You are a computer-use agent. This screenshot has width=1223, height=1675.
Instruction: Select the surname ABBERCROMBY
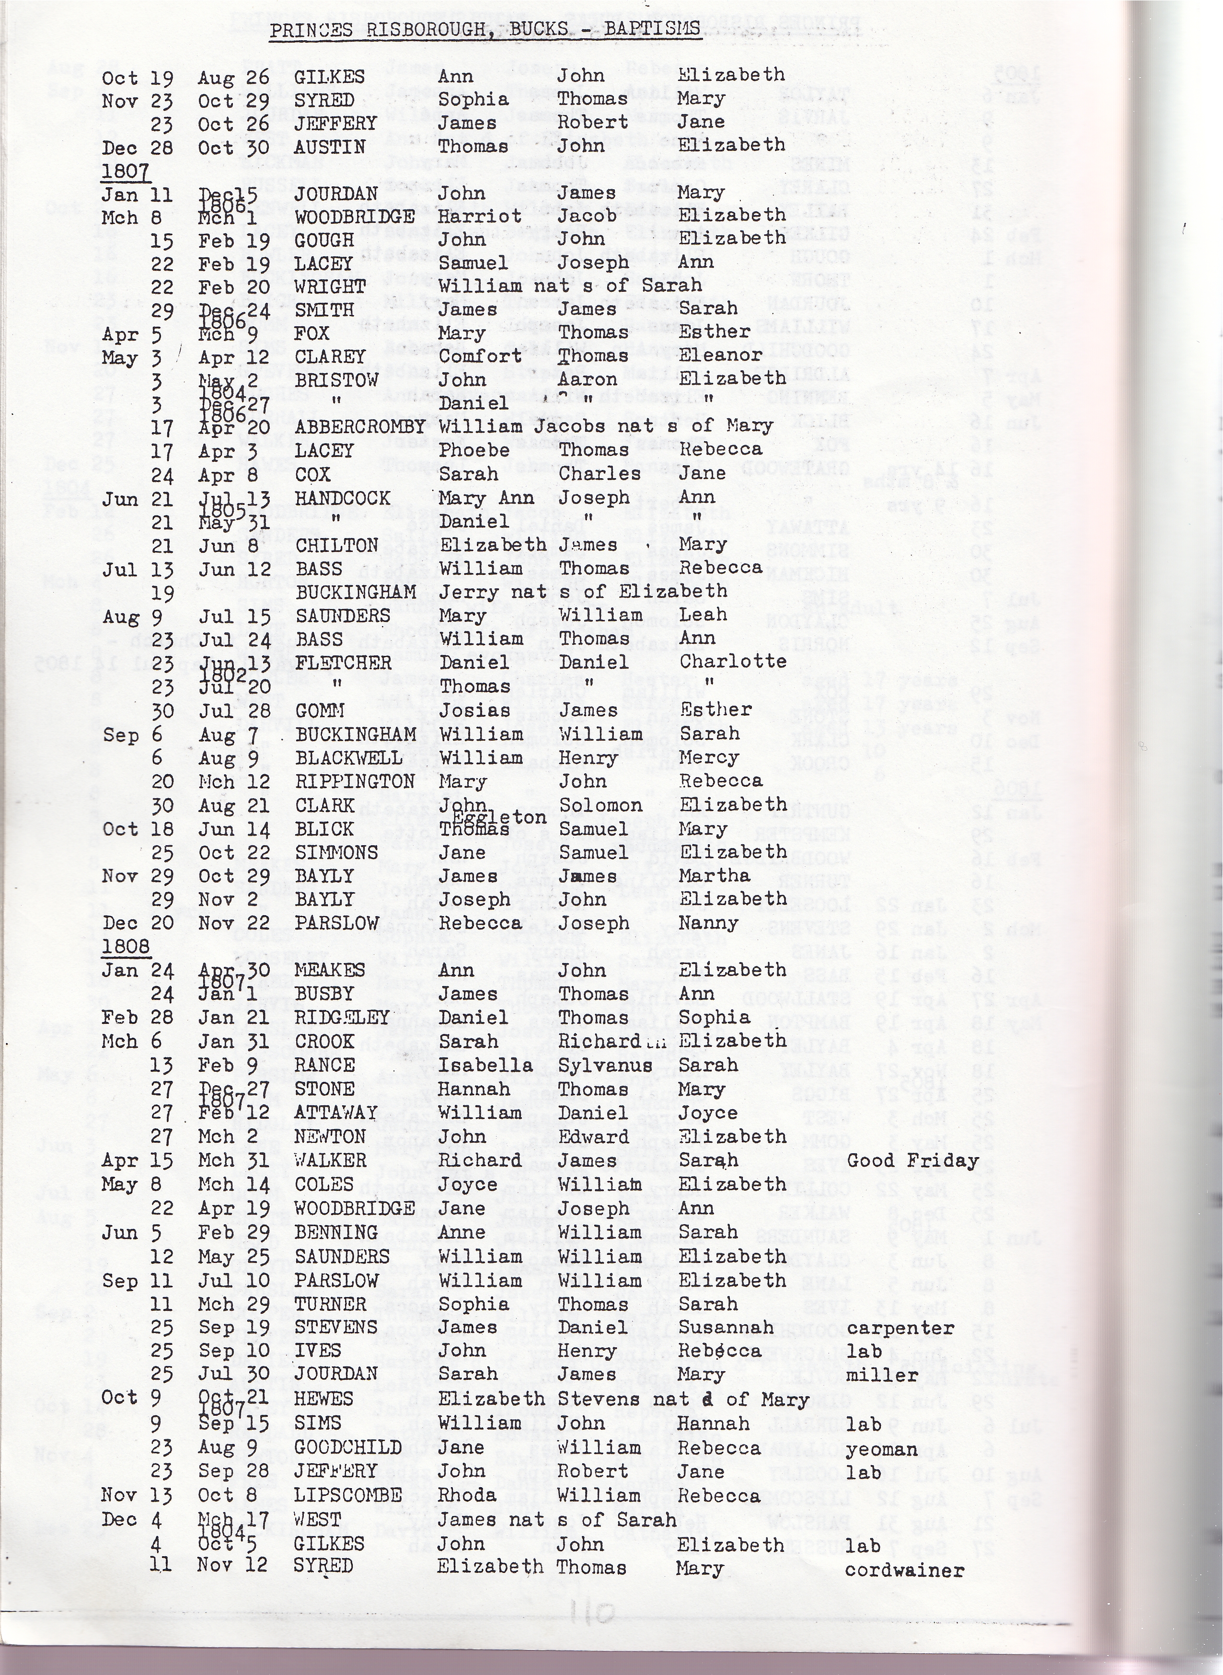pyautogui.click(x=360, y=427)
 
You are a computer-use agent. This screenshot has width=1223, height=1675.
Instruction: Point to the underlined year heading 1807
pyautogui.click(x=126, y=172)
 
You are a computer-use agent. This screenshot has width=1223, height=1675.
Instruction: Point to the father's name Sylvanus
pyautogui.click(x=606, y=1066)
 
